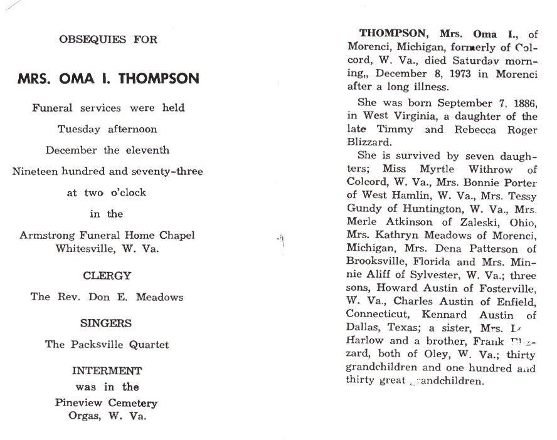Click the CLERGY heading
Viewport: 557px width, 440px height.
tap(107, 275)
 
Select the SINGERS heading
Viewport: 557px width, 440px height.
tap(106, 323)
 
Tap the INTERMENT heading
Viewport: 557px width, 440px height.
tap(107, 371)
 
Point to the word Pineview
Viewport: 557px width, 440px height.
tap(81, 403)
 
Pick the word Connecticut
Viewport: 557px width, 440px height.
tap(377, 315)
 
